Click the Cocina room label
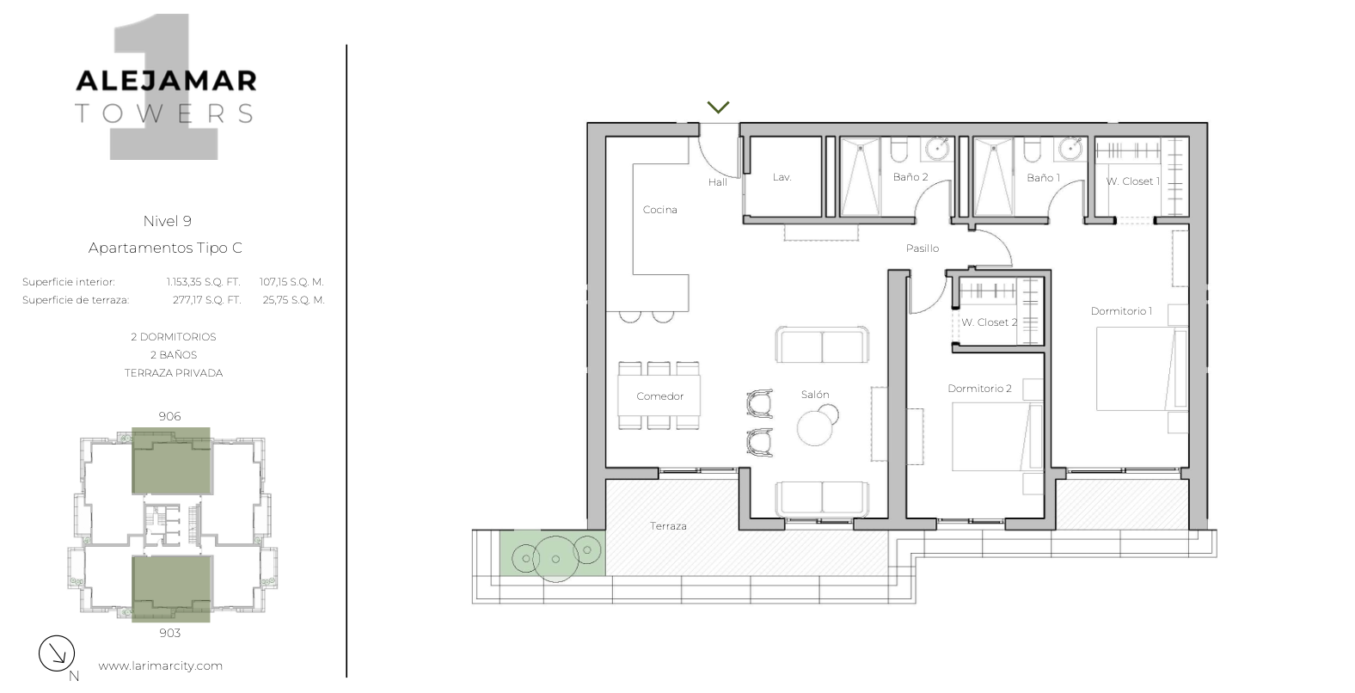[x=659, y=210]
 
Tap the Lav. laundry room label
[x=782, y=177]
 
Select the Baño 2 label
[x=910, y=177]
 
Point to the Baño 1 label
[x=1044, y=178]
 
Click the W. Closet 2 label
[x=990, y=322]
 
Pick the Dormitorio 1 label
[x=1121, y=311]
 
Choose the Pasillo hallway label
[x=923, y=248]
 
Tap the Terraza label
[x=668, y=526]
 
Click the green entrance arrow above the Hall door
[x=718, y=107]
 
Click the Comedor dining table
[x=659, y=396]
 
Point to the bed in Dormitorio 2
[x=997, y=437]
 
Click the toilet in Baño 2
[x=899, y=150]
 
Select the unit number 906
[x=170, y=416]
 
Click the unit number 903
[x=170, y=633]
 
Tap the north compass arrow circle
[x=57, y=653]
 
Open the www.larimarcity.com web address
[x=160, y=665]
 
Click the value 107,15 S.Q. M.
[x=291, y=282]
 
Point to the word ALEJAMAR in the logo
[x=166, y=81]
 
